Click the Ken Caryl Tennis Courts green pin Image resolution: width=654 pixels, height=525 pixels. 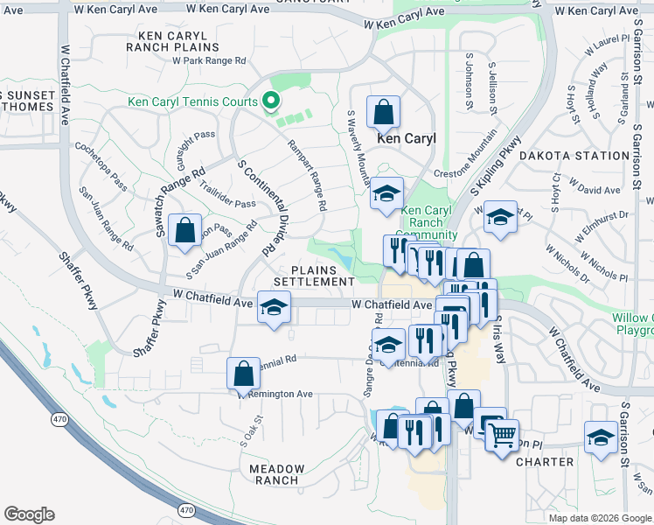coord(270,101)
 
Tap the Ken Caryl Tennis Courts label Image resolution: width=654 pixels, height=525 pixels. coord(192,101)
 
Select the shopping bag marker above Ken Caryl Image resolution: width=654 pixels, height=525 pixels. coord(383,112)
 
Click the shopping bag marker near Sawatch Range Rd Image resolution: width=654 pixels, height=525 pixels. coord(184,232)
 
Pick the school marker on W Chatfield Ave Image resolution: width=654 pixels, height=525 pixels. coord(274,308)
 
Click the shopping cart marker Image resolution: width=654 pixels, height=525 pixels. coord(502,434)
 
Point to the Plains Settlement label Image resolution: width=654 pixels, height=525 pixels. coord(314,276)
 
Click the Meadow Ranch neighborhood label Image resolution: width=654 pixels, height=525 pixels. coord(277,474)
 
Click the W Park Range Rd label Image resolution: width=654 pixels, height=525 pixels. coord(209,61)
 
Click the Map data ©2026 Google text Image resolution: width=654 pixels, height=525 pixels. coord(599,518)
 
